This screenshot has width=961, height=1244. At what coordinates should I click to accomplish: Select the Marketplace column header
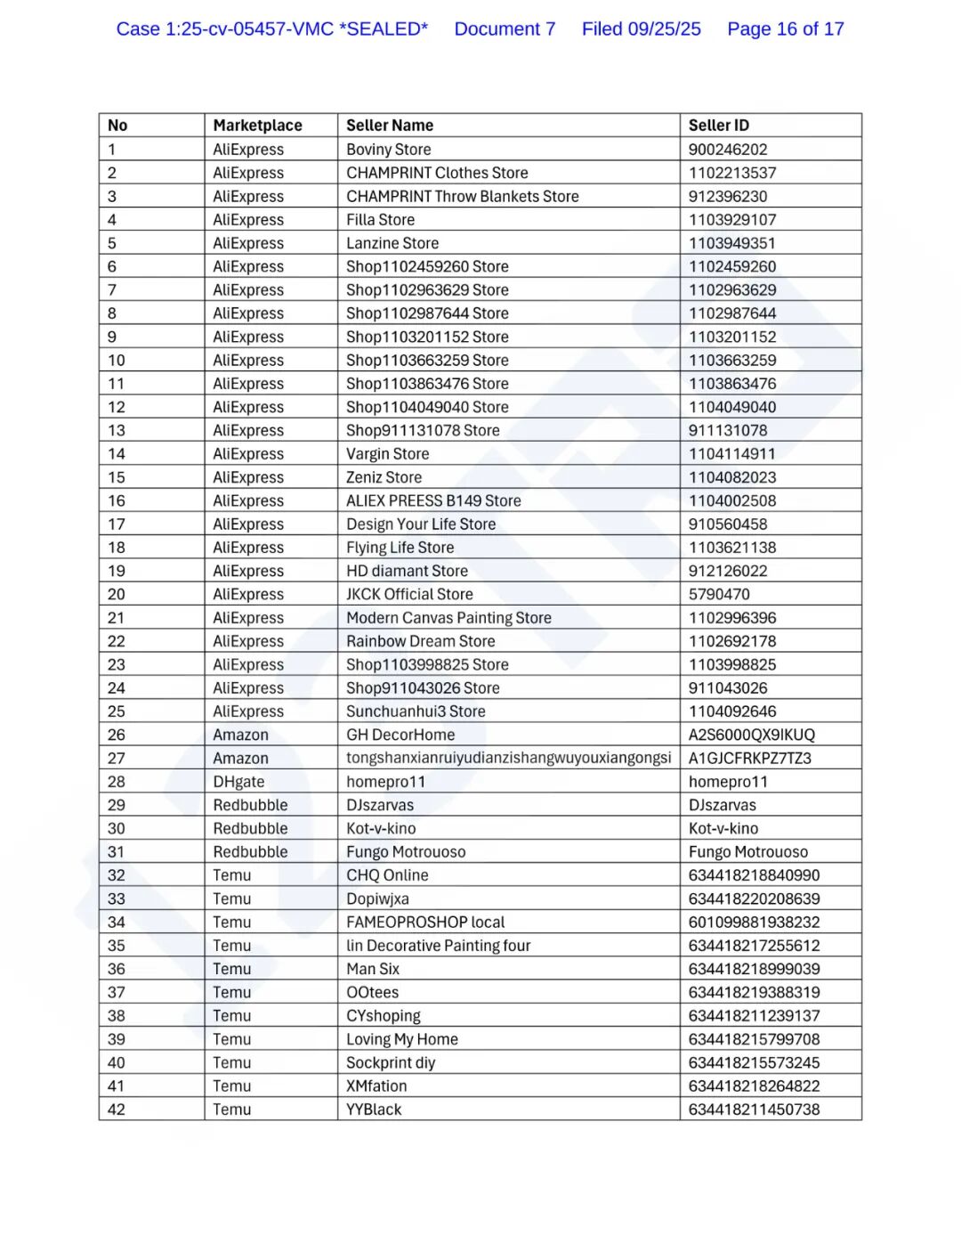(257, 126)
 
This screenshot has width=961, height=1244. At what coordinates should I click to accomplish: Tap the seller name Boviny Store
(388, 150)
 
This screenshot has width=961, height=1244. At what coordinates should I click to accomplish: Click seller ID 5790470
(719, 594)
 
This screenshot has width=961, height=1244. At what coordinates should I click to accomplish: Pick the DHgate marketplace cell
(238, 782)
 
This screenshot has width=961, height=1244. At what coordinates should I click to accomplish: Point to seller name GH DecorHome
(400, 735)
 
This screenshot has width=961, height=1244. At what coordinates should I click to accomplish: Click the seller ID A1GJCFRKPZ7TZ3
(749, 759)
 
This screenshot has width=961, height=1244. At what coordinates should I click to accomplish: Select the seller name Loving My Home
(402, 1039)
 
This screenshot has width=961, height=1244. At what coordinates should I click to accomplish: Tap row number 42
(117, 1110)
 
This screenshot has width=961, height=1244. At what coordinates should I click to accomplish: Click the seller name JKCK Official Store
(409, 594)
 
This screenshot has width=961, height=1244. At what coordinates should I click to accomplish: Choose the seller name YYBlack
(374, 1110)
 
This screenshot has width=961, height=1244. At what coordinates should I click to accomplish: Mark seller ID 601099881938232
(754, 923)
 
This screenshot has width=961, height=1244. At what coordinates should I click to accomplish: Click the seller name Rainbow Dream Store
(420, 641)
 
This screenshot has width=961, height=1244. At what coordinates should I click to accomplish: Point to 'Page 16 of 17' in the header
(785, 29)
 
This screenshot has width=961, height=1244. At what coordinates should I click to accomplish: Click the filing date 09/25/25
(664, 29)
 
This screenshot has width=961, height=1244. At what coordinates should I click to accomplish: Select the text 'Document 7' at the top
(505, 29)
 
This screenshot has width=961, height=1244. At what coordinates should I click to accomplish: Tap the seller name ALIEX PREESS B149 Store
(433, 500)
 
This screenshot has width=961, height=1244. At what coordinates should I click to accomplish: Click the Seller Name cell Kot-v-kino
(381, 828)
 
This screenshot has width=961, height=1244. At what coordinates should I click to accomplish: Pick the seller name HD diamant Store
(407, 571)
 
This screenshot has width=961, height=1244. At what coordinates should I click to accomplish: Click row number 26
(117, 735)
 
